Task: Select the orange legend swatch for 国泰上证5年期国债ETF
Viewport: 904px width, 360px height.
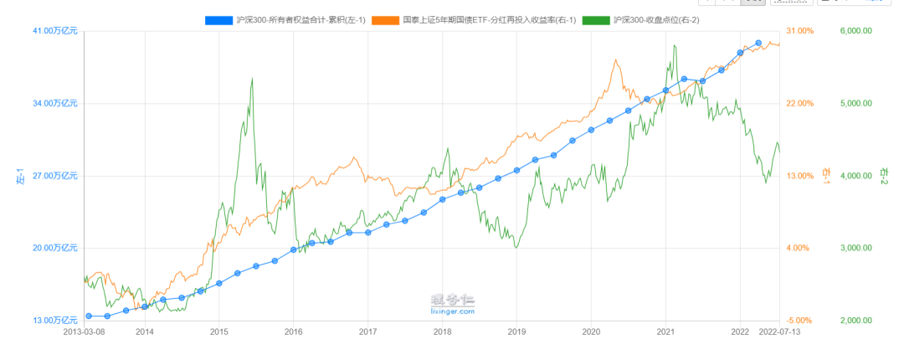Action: point(383,18)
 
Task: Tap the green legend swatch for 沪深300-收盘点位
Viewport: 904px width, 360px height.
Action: point(595,18)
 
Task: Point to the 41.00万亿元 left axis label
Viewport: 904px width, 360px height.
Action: point(55,31)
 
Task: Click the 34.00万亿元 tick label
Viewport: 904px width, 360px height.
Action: point(55,104)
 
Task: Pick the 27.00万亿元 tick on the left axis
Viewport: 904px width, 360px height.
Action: point(55,176)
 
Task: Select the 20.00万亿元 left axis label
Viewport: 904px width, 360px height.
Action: point(55,248)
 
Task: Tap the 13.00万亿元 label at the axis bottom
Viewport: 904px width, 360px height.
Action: point(55,321)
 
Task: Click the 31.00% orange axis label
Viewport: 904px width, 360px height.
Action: point(800,31)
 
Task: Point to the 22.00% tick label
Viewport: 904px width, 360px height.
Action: point(800,104)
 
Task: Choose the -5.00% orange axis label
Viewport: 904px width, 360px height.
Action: point(800,321)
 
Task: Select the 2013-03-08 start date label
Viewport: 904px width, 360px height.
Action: point(85,332)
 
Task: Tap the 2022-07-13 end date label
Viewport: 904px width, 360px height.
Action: point(779,332)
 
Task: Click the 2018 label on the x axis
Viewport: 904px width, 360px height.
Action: point(442,332)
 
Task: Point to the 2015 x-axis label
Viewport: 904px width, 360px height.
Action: point(218,332)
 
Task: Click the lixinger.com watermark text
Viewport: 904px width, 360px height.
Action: point(453,311)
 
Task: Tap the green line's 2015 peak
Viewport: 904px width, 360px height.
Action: point(253,78)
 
